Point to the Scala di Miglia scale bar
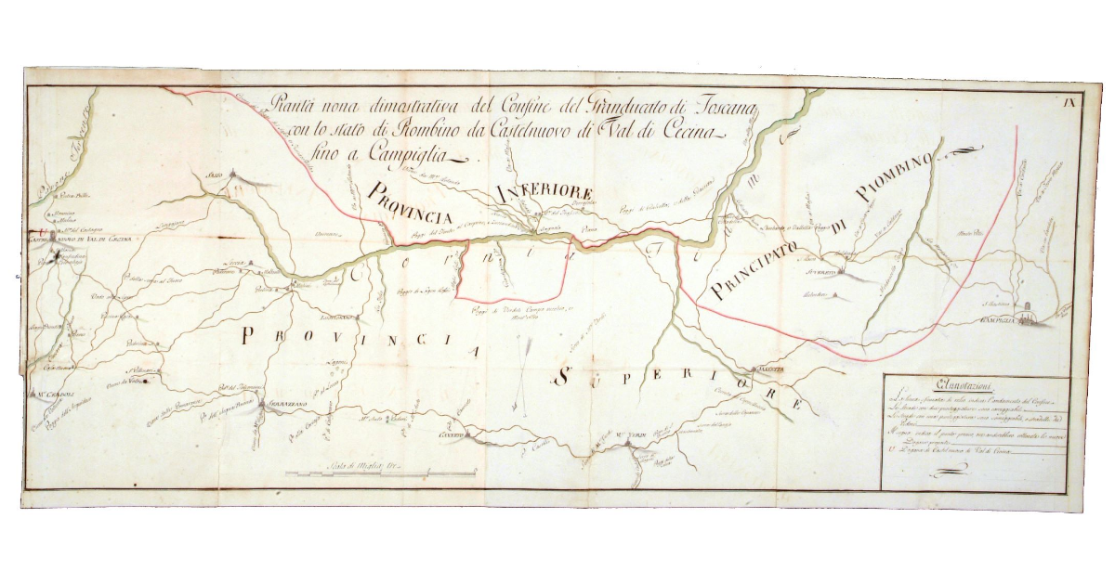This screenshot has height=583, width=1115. point(353,472)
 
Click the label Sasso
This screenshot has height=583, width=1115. point(216,173)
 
